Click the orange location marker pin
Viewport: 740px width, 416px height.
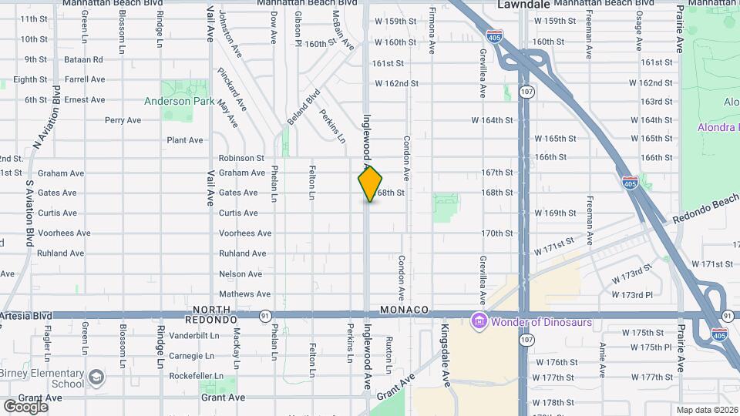pyautogui.click(x=370, y=183)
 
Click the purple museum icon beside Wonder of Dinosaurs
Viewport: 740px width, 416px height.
pyautogui.click(x=479, y=321)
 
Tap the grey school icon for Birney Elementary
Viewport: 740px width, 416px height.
pyautogui.click(x=96, y=377)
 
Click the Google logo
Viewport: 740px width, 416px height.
pyautogui.click(x=25, y=406)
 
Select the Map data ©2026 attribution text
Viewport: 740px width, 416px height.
pyautogui.click(x=707, y=410)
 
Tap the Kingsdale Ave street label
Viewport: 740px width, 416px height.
pyautogui.click(x=445, y=355)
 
